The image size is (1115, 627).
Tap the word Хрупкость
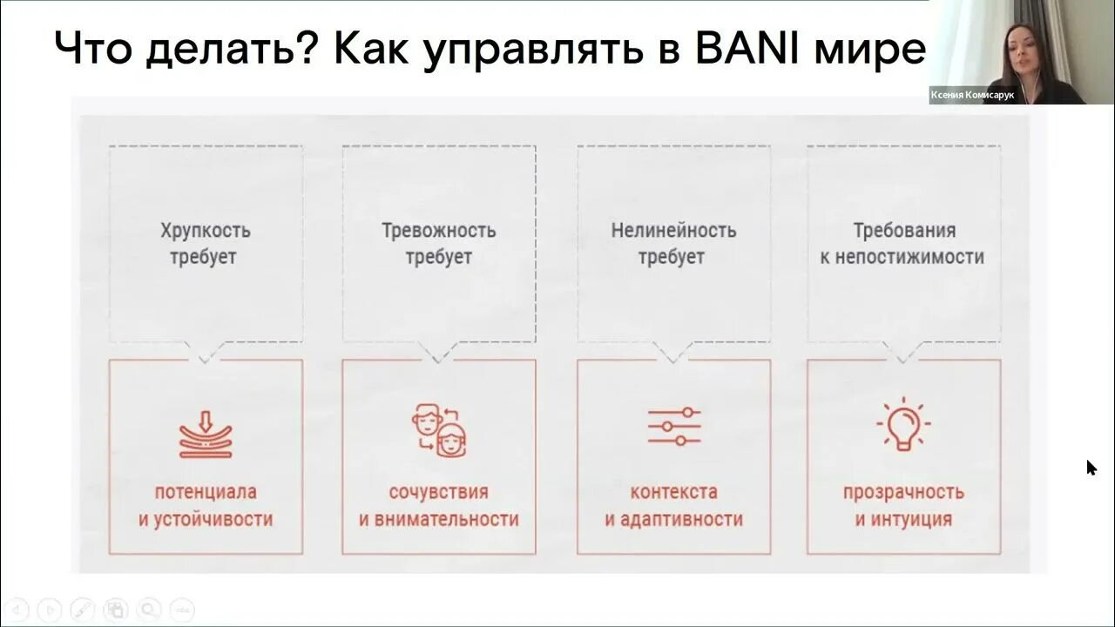206,231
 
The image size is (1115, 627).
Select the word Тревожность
439,231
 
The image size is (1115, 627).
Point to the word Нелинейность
673,231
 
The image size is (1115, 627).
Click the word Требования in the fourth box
904,231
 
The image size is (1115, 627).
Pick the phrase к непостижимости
903,258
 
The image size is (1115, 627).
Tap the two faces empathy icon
438,429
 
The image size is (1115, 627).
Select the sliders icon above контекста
674,427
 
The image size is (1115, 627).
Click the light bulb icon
903,425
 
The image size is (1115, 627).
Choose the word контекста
674,492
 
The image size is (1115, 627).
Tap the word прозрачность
903,492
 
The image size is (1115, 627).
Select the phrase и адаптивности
674,520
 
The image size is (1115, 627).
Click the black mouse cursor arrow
1091,468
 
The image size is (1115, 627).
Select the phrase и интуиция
903,520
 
